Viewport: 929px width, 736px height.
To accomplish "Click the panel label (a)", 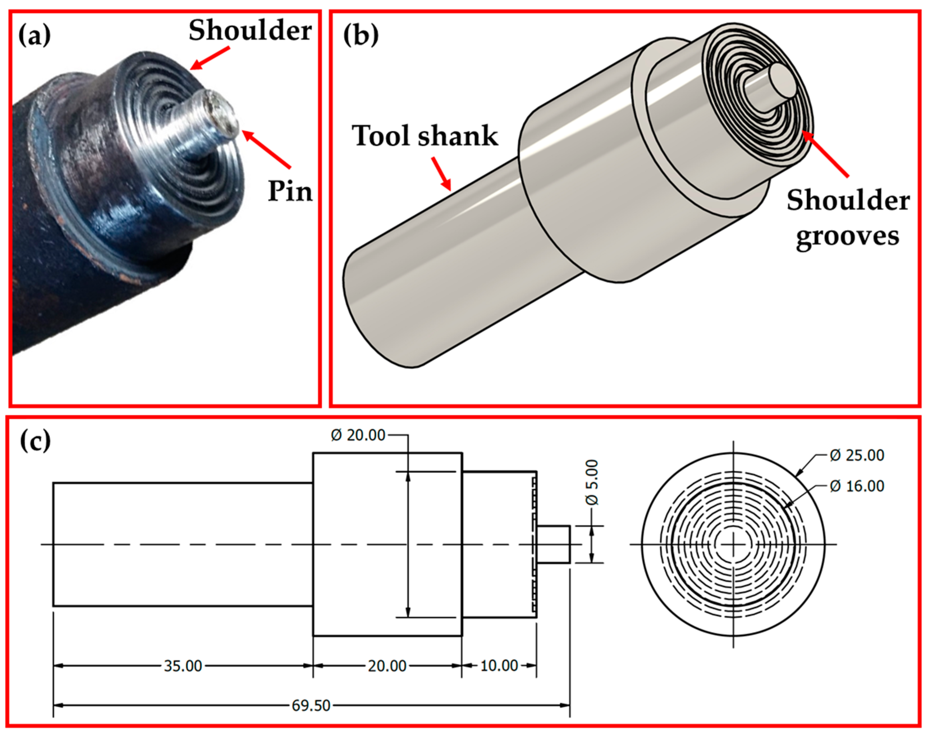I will coord(34,36).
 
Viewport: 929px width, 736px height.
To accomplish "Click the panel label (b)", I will coord(361,36).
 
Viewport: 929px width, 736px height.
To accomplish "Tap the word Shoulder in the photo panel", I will coord(250,31).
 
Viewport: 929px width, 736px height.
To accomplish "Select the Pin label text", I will coord(290,191).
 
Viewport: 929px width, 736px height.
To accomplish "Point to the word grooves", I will coord(847,236).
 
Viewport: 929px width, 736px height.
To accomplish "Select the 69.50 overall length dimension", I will coord(311,706).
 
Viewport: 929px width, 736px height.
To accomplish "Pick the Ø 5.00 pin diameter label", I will coord(592,482).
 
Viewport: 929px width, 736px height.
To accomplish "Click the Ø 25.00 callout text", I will coord(857,455).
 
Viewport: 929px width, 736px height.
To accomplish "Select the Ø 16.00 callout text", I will coord(857,486).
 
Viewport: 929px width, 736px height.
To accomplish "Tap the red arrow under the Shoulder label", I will coord(210,58).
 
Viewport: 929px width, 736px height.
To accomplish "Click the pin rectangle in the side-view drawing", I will coord(553,544).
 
